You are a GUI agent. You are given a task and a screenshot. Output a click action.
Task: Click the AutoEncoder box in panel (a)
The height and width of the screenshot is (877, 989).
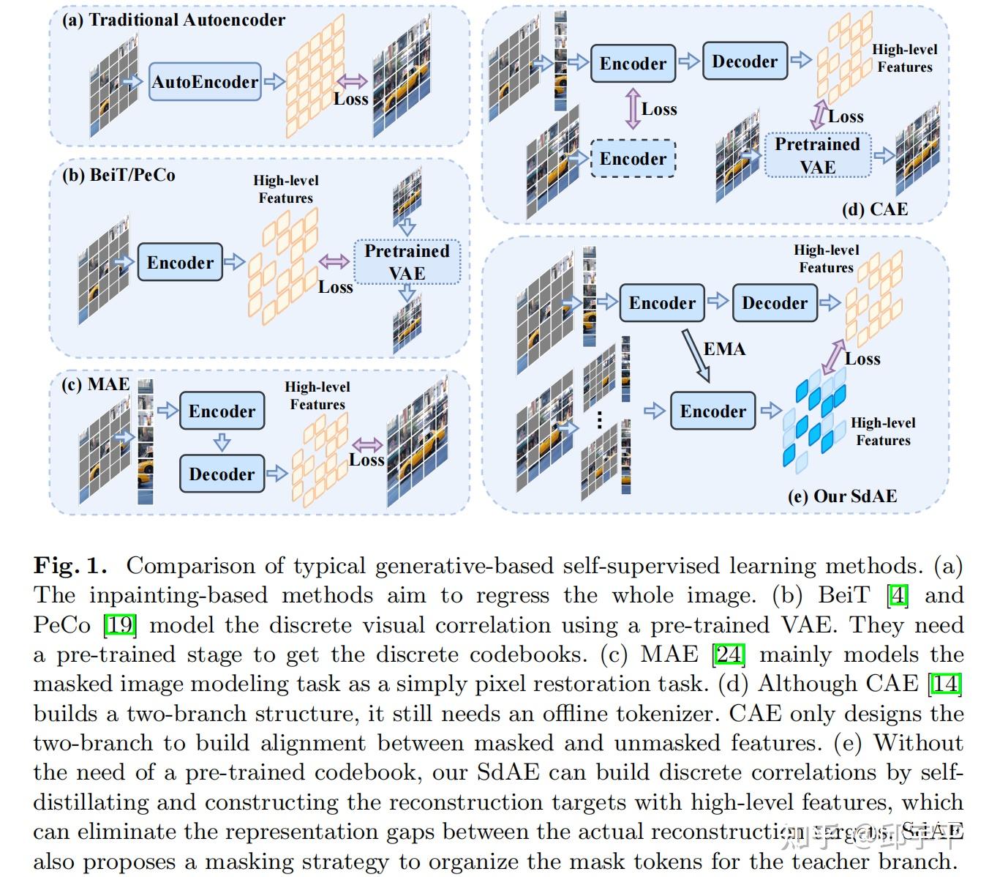[205, 81]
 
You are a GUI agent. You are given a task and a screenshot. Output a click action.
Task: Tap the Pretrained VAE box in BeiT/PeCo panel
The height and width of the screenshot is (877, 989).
[407, 262]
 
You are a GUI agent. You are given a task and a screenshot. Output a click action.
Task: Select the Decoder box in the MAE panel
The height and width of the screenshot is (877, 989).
[222, 474]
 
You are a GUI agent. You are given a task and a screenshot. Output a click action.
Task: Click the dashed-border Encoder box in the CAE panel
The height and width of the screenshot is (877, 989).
[633, 159]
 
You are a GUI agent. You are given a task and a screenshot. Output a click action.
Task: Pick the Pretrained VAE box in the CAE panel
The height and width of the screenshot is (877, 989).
[817, 155]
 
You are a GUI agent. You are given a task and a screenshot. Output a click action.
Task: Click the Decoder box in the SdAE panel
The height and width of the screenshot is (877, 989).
[775, 303]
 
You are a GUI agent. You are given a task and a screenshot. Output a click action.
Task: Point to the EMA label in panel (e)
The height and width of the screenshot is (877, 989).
[724, 349]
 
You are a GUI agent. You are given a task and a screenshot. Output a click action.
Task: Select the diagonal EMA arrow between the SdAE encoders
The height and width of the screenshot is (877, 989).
[696, 355]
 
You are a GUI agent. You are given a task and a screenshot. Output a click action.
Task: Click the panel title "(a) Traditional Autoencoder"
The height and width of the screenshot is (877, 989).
[173, 20]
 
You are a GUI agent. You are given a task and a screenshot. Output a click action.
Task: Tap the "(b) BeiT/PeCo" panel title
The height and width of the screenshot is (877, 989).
[119, 175]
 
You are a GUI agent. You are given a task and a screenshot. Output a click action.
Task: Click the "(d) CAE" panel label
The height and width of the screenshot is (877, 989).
[875, 209]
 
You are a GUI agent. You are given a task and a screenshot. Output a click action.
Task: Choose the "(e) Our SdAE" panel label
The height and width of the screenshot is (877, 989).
[842, 496]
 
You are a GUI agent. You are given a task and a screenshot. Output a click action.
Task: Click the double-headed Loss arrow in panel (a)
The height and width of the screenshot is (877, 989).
[352, 82]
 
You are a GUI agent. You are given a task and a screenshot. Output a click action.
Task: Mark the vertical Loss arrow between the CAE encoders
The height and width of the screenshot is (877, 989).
[633, 109]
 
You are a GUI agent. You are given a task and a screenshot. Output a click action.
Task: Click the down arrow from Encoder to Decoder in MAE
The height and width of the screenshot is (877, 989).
[222, 442]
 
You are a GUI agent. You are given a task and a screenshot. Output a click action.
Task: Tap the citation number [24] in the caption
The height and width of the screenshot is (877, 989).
[729, 654]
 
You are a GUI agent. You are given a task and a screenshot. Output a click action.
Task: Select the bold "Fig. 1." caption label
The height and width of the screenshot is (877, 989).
[70, 565]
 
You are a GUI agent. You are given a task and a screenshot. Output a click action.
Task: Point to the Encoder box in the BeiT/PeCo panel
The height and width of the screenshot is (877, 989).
[180, 263]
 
